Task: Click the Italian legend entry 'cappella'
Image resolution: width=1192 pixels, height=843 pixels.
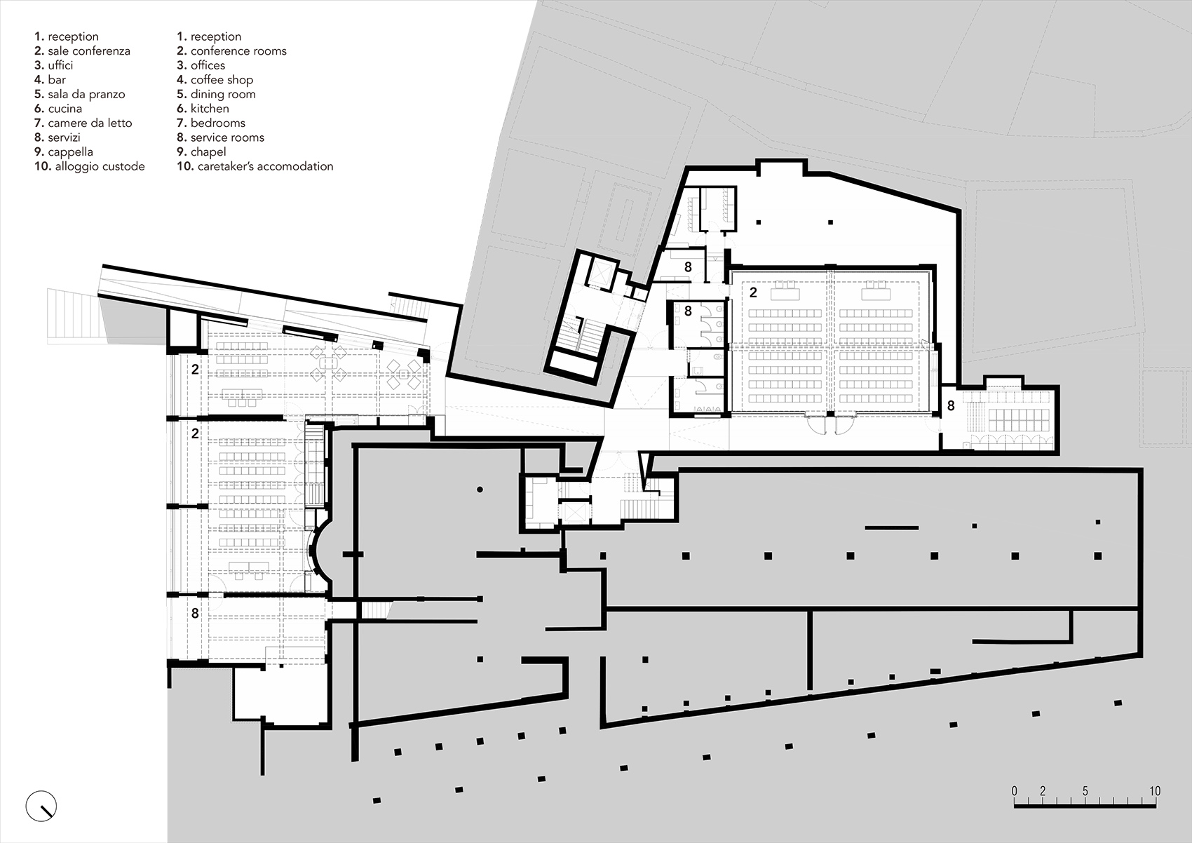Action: pyautogui.click(x=70, y=151)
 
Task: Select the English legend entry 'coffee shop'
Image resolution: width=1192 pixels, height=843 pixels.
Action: pyautogui.click(x=222, y=80)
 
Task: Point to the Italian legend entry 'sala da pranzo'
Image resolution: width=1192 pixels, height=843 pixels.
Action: pyautogui.click(x=86, y=94)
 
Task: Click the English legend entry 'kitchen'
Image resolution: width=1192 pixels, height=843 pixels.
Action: pyautogui.click(x=210, y=109)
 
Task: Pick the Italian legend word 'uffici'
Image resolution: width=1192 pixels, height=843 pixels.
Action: pyautogui.click(x=60, y=65)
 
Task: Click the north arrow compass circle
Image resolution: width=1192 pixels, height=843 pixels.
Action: pyautogui.click(x=41, y=804)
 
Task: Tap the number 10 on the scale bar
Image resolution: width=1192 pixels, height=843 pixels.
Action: pyautogui.click(x=1154, y=791)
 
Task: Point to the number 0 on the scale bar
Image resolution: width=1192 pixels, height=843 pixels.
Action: pyautogui.click(x=1014, y=791)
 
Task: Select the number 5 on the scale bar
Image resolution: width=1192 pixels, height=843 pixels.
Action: pyautogui.click(x=1085, y=791)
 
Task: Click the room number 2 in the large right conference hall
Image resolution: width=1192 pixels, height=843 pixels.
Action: pyautogui.click(x=753, y=293)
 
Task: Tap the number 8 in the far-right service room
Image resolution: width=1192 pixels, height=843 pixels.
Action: pyautogui.click(x=951, y=406)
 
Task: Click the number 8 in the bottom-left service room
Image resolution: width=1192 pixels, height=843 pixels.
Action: pyautogui.click(x=195, y=614)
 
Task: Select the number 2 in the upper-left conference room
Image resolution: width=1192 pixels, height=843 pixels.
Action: pyautogui.click(x=195, y=369)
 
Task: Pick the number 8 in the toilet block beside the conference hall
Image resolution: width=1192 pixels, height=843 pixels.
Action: pyautogui.click(x=688, y=310)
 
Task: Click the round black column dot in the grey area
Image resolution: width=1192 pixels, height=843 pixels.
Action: pyautogui.click(x=480, y=489)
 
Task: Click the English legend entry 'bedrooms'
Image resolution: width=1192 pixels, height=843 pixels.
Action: pyautogui.click(x=217, y=123)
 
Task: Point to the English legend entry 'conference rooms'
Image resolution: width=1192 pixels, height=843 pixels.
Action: pyautogui.click(x=238, y=51)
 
